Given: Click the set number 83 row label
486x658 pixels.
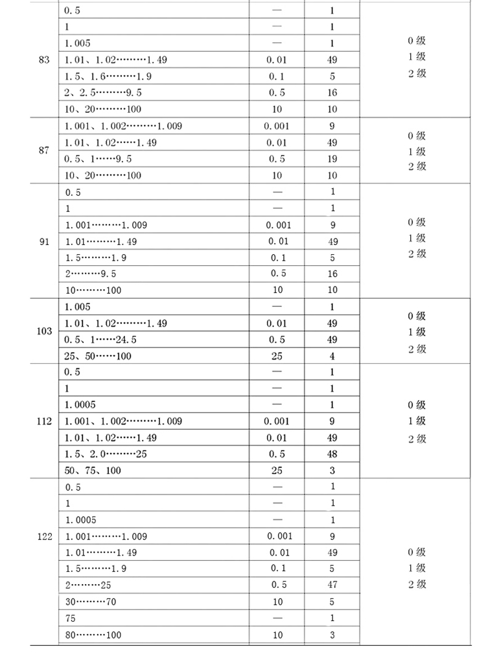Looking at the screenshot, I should pos(44,60).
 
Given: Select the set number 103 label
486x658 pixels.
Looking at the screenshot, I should pos(44,331).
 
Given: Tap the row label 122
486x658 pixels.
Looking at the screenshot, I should pos(44,536).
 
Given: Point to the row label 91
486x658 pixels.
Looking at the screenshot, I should pos(44,242).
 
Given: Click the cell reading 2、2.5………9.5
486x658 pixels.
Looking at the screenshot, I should pos(94,93).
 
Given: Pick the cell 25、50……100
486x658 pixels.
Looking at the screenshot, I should pos(98,356).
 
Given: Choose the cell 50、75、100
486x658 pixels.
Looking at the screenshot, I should pos(93,470).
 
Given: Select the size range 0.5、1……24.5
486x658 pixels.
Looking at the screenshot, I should pos(100,339).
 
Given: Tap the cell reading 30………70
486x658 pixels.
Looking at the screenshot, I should pos(90,602).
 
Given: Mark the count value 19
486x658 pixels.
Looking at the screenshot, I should pos(332,159).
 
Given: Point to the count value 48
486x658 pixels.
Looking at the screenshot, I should pos(332,454).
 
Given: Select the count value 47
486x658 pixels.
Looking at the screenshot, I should pos(332,585).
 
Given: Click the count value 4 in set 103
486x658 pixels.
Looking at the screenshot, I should pos(332,356).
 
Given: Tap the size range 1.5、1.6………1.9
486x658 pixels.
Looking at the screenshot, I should pos(108,76).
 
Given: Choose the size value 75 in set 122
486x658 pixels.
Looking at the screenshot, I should pos(71,618).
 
